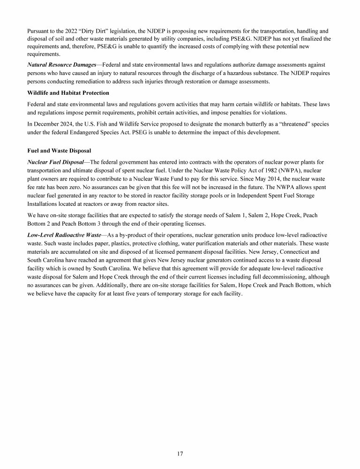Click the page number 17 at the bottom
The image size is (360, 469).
[180, 454]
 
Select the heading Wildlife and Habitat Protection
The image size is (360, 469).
[68, 93]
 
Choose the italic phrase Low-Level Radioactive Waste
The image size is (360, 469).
[64, 234]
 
